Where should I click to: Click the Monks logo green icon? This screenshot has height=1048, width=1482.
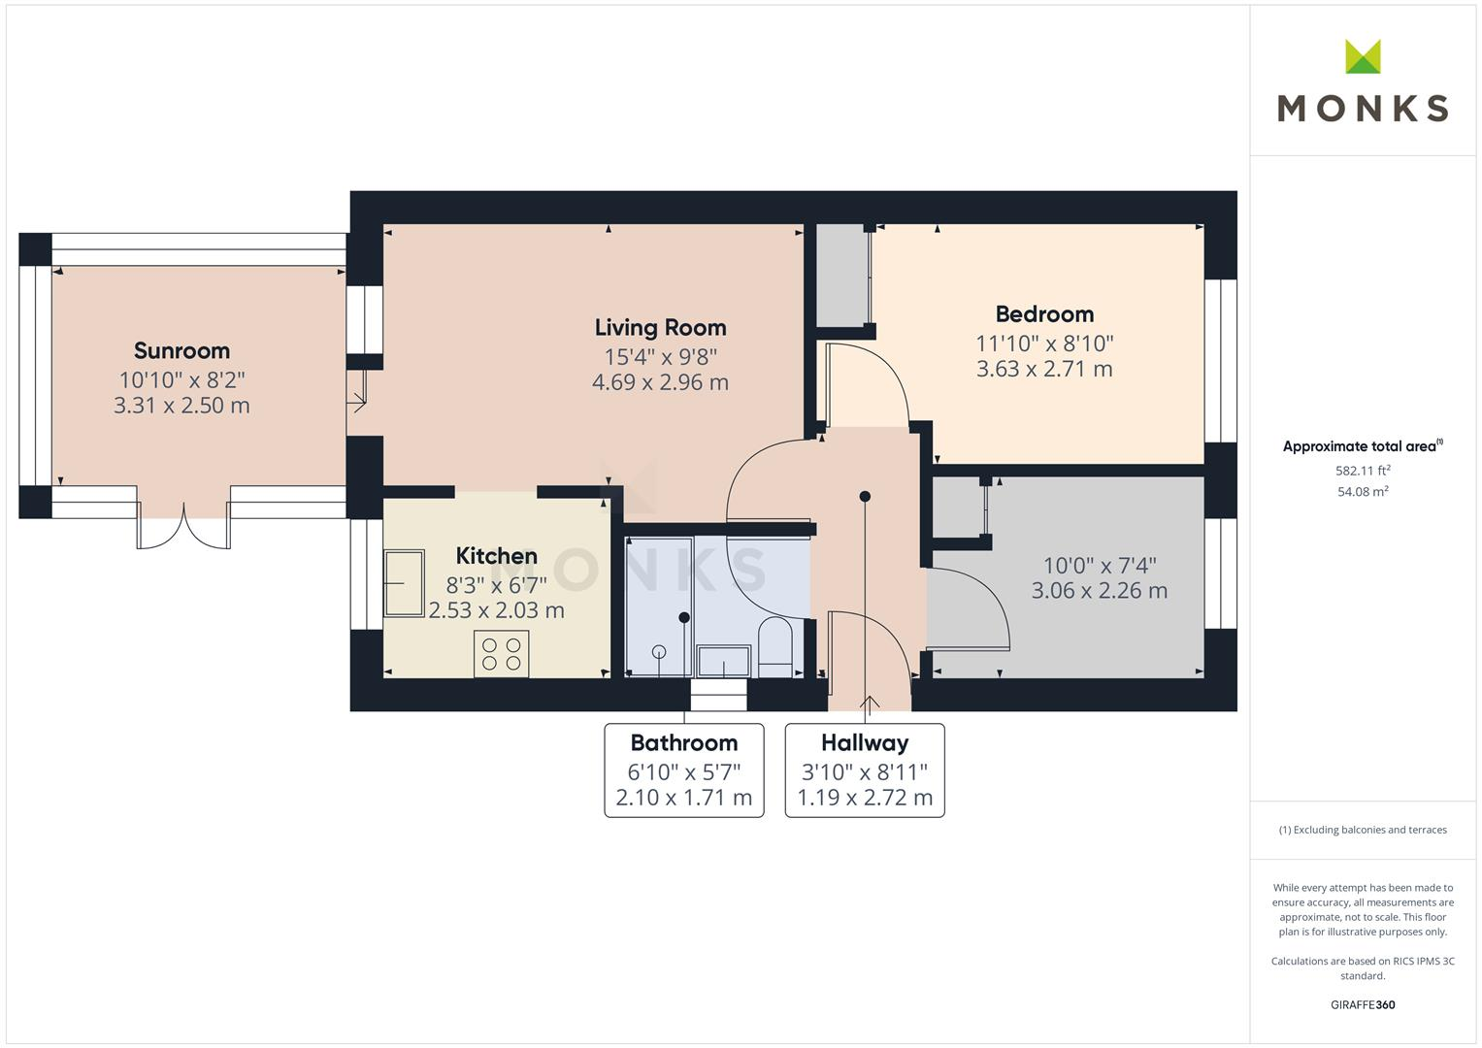pyautogui.click(x=1363, y=57)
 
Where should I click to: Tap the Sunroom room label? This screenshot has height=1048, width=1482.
pyautogui.click(x=181, y=350)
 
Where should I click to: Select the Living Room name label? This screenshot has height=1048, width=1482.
pyautogui.click(x=660, y=328)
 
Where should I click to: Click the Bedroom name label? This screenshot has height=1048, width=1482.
pyautogui.click(x=1044, y=314)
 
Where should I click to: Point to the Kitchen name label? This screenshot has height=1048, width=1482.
pyautogui.click(x=496, y=556)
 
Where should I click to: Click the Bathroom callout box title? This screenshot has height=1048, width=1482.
pyautogui.click(x=683, y=743)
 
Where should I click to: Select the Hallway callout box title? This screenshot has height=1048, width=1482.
pyautogui.click(x=864, y=743)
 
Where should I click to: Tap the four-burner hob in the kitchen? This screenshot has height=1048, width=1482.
pyautogui.click(x=502, y=653)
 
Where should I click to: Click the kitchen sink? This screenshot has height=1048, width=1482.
pyautogui.click(x=405, y=583)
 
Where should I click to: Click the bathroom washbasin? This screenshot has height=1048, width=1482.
pyautogui.click(x=723, y=662)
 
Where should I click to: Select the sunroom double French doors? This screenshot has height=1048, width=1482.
pyautogui.click(x=184, y=526)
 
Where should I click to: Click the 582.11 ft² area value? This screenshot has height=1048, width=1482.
pyautogui.click(x=1363, y=471)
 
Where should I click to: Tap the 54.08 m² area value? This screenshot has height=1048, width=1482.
pyautogui.click(x=1363, y=492)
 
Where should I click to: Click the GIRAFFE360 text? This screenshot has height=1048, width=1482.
pyautogui.click(x=1363, y=1005)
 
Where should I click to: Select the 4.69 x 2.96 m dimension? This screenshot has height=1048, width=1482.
pyautogui.click(x=660, y=382)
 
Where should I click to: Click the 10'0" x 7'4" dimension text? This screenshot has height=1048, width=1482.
pyautogui.click(x=1099, y=565)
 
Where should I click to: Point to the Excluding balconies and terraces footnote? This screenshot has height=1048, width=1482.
pyautogui.click(x=1363, y=830)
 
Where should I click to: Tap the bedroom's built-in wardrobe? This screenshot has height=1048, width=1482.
pyautogui.click(x=841, y=276)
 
